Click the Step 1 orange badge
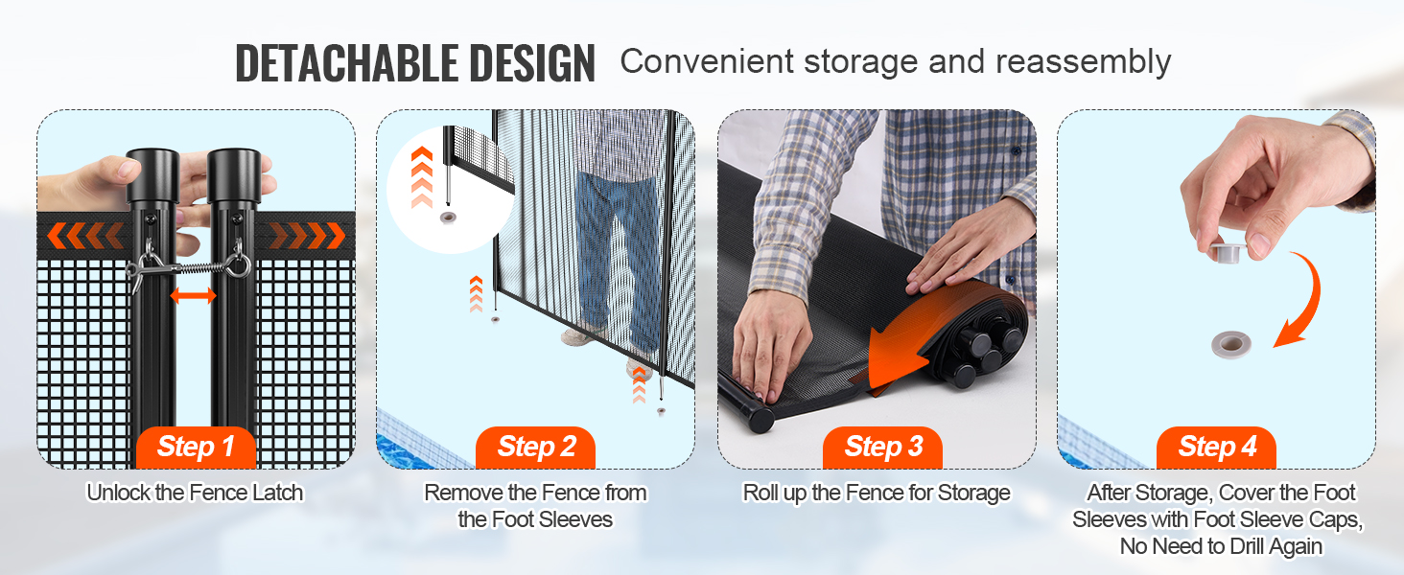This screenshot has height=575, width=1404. pyautogui.click(x=196, y=448)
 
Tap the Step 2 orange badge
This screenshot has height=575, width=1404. pyautogui.click(x=536, y=448)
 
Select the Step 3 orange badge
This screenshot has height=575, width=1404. pyautogui.click(x=882, y=448)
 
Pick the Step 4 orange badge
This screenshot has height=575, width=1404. pyautogui.click(x=1217, y=448)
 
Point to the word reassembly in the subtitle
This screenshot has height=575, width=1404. pyautogui.click(x=1083, y=62)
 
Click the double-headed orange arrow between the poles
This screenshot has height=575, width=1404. pyautogui.click(x=193, y=295)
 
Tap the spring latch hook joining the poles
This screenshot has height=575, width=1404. pyautogui.click(x=189, y=267)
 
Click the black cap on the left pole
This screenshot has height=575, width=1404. pyautogui.click(x=152, y=174)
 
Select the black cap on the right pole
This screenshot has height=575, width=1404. pyautogui.click(x=234, y=174)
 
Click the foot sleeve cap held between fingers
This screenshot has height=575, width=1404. pyautogui.click(x=1225, y=252)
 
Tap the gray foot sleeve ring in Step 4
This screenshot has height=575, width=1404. pyautogui.click(x=1231, y=344)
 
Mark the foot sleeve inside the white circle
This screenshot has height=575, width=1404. pyautogui.click(x=448, y=218)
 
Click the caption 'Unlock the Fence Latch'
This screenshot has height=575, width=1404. pyautogui.click(x=195, y=493)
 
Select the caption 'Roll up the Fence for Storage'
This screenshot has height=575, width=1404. pyautogui.click(x=877, y=493)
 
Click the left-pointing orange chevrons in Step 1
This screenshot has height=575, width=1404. pyautogui.click(x=85, y=236)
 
